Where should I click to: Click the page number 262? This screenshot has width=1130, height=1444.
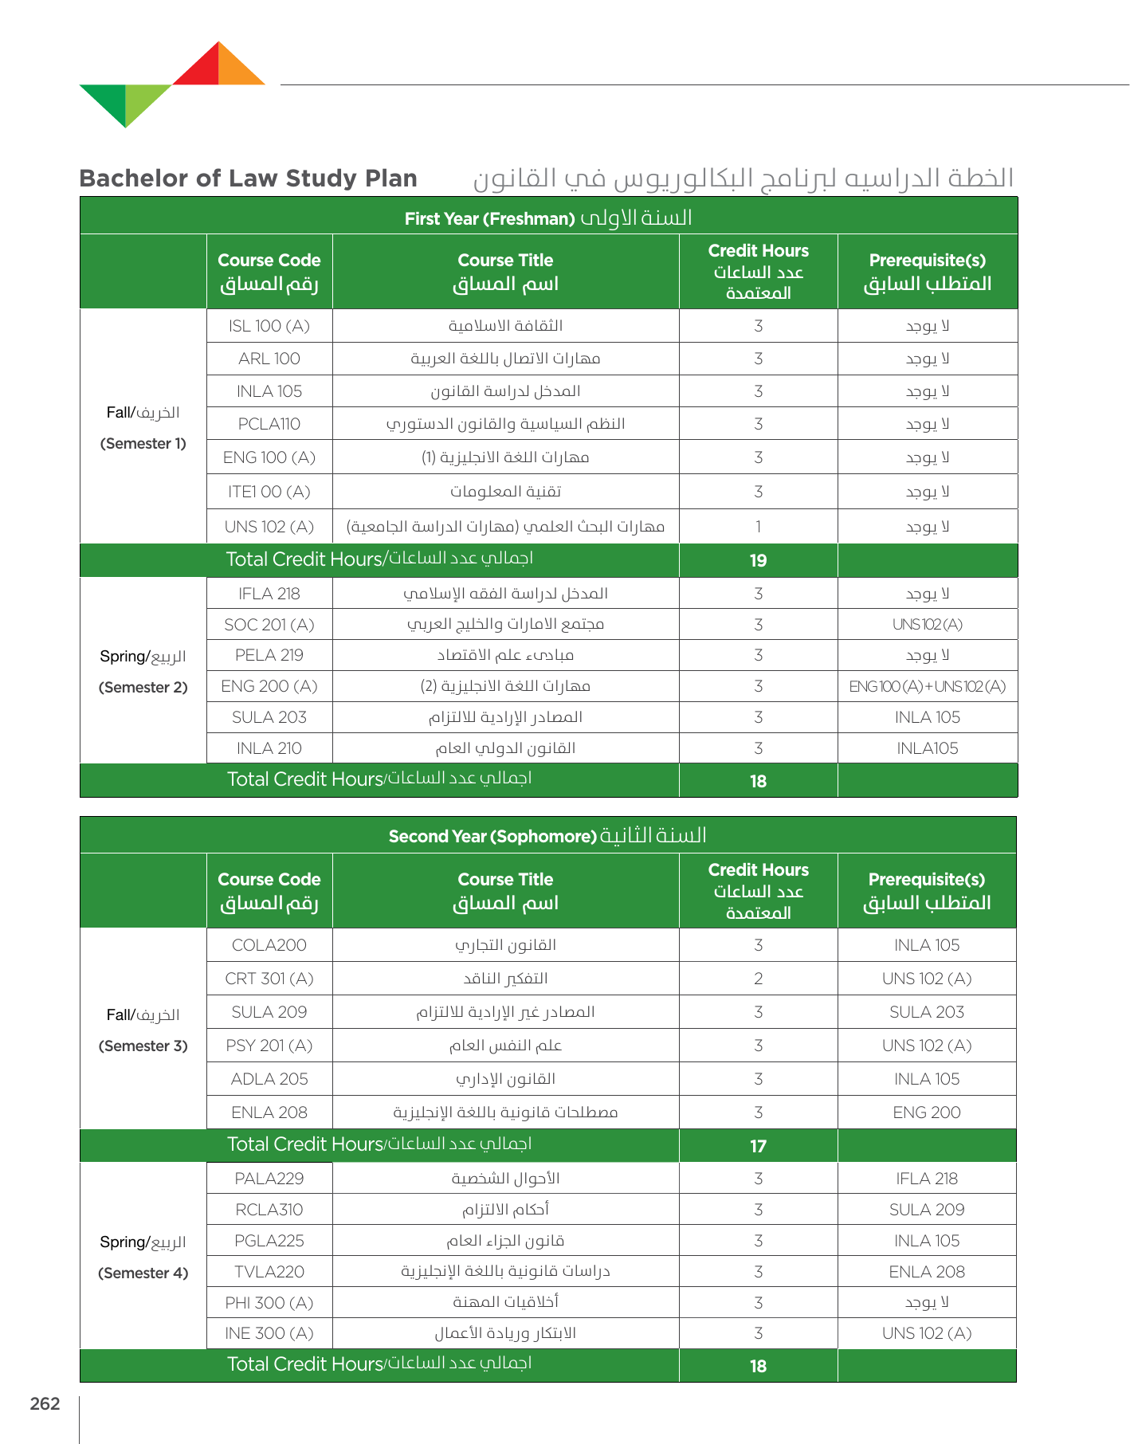45,1403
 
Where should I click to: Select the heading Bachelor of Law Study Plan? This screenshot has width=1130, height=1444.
248,178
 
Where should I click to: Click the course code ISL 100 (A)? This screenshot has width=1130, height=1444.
269,326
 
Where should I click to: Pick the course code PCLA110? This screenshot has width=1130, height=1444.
269,424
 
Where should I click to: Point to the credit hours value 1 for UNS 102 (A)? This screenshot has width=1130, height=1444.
758,527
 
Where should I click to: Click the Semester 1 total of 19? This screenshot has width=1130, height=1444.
758,560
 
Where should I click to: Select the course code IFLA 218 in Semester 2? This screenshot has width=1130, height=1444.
269,594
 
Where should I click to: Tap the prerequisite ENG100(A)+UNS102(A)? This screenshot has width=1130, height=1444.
927,686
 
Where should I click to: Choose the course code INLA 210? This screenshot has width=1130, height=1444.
269,748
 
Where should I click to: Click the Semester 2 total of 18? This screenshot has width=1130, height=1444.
758,781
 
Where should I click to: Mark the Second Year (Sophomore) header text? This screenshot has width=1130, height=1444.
492,836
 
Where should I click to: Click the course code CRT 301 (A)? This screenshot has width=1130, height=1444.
269,979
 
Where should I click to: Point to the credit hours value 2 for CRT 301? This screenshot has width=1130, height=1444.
758,979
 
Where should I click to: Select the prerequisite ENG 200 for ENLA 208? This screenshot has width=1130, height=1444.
927,1112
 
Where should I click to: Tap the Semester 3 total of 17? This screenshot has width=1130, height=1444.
758,1146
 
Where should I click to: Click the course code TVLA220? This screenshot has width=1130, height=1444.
269,1272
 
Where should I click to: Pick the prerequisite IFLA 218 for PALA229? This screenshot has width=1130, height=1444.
927,1179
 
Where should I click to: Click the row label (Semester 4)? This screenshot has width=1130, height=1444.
143,1273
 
